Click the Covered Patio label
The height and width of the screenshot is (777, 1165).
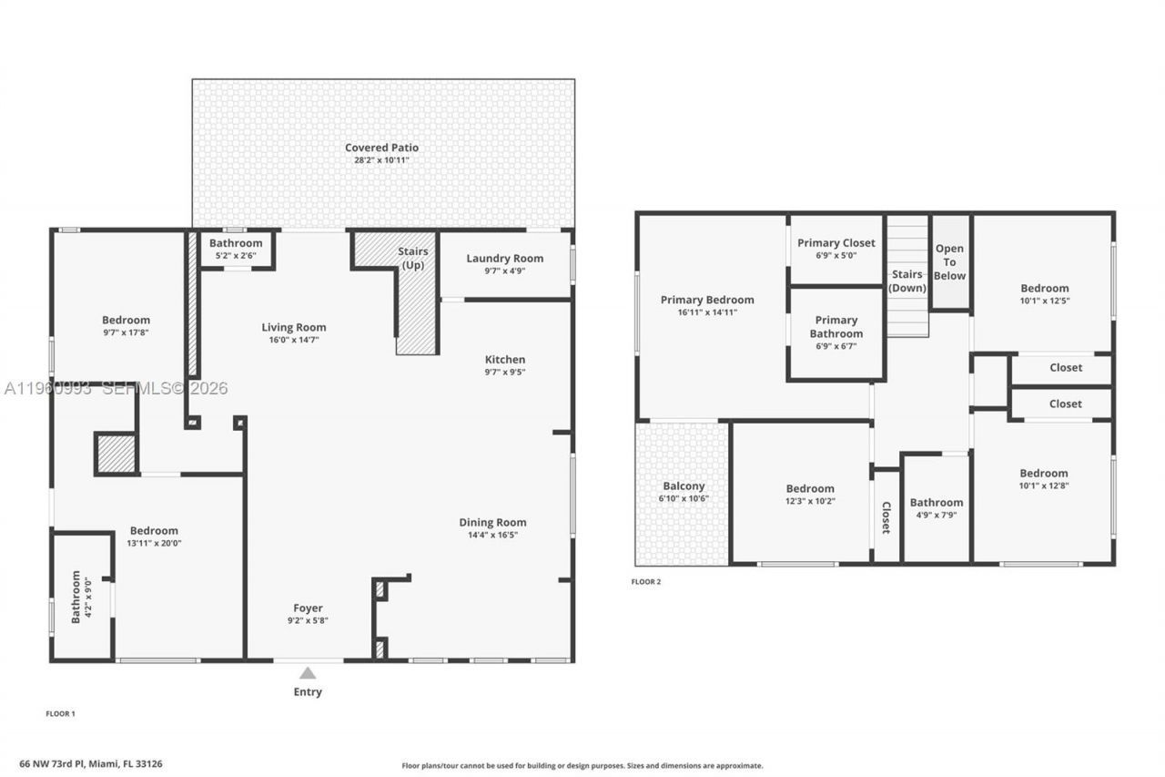381,148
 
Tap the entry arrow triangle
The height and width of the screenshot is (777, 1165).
308,673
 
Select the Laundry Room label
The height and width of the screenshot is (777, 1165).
504,259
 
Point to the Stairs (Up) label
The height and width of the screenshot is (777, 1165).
412,258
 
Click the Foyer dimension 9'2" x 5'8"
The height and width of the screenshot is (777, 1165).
308,621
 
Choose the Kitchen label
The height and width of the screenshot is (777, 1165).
504,360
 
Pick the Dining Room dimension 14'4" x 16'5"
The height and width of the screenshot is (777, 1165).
492,535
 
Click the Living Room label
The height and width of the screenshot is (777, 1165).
293,328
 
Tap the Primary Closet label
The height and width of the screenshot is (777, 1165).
836,243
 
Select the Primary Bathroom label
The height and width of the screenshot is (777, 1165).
836,326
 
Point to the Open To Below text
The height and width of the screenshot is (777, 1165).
949,262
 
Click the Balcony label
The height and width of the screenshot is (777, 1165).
684,486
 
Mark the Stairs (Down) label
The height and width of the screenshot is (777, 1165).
907,281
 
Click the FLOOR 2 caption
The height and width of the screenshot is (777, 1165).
646,582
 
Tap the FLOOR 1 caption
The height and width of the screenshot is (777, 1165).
60,714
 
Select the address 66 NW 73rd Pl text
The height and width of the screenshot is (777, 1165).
104,764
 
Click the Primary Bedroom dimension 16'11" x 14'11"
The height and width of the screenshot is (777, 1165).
706,312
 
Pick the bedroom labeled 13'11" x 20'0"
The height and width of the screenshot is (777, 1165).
154,531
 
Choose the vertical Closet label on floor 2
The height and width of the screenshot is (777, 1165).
886,516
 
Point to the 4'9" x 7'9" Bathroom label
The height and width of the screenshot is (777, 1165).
936,503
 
